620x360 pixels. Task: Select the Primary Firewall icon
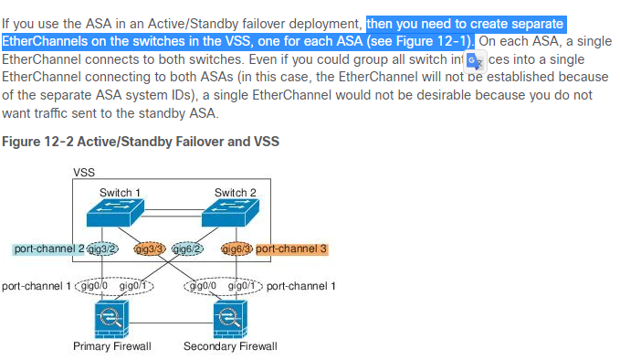click(x=111, y=320)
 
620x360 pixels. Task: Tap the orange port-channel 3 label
click(x=291, y=249)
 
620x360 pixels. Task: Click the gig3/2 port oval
click(x=102, y=249)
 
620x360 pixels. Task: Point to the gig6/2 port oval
click(x=186, y=249)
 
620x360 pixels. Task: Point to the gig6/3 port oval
click(x=236, y=249)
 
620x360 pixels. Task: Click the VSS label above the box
click(x=84, y=171)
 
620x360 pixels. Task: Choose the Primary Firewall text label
click(x=111, y=346)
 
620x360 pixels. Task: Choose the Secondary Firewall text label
click(x=230, y=346)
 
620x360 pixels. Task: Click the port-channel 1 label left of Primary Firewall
click(x=36, y=286)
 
